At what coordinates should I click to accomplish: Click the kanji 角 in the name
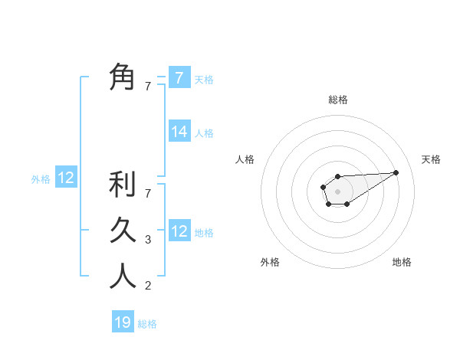pyautogui.click(x=122, y=77)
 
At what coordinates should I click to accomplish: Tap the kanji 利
pyautogui.click(x=122, y=185)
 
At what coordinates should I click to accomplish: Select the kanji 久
pyautogui.click(x=122, y=230)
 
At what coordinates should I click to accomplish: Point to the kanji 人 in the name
pyautogui.click(x=122, y=275)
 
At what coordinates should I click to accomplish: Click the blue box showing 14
pyautogui.click(x=179, y=132)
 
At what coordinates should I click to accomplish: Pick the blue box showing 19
pyautogui.click(x=123, y=322)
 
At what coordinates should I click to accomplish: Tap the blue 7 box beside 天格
pyautogui.click(x=179, y=77)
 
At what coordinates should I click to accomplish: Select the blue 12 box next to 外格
pyautogui.click(x=66, y=178)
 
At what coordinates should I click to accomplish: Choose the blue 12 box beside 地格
pyautogui.click(x=179, y=231)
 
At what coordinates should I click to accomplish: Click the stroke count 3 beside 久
pyautogui.click(x=148, y=240)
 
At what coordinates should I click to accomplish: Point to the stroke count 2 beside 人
pyautogui.click(x=148, y=286)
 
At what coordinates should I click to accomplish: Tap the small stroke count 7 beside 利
pyautogui.click(x=148, y=194)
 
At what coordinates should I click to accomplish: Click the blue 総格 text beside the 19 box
pyautogui.click(x=147, y=324)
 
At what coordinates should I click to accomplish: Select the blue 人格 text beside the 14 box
pyautogui.click(x=204, y=133)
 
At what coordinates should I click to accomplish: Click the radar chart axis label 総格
pyautogui.click(x=338, y=100)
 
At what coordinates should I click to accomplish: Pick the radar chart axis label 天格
pyautogui.click(x=431, y=159)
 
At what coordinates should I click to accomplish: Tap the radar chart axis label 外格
pyautogui.click(x=270, y=262)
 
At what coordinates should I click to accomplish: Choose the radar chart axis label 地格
pyautogui.click(x=402, y=262)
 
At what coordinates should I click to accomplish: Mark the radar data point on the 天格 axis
pyautogui.click(x=396, y=172)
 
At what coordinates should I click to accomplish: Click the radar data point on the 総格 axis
pyautogui.click(x=337, y=177)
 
